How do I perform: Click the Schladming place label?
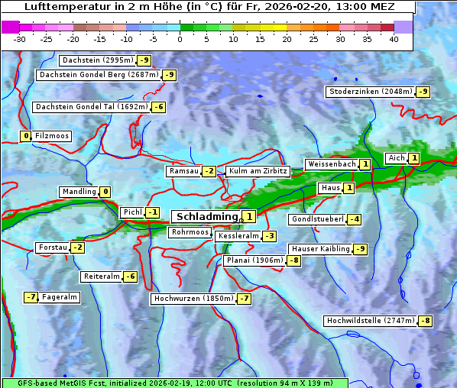coord(207,217)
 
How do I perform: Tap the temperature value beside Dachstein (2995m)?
coord(144,60)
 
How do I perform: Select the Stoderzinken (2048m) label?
coord(370,92)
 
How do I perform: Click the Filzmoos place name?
coord(52,136)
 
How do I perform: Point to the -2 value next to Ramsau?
coord(209,171)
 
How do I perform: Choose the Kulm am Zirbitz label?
coord(258,171)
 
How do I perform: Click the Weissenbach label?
coord(331,164)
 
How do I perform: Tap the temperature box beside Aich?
coord(413,158)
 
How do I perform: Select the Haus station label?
coord(330,188)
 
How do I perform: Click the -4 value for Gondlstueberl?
coord(354,219)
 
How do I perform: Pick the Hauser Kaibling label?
coord(320,249)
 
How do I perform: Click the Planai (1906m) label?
coord(254,260)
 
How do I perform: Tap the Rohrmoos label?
coord(190,232)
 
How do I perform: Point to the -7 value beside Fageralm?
coord(31,297)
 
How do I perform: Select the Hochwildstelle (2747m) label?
coord(370,321)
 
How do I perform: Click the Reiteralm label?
coord(102,276)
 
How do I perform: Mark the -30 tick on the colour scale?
coord(20,39)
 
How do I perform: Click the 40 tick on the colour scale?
coord(394,39)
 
